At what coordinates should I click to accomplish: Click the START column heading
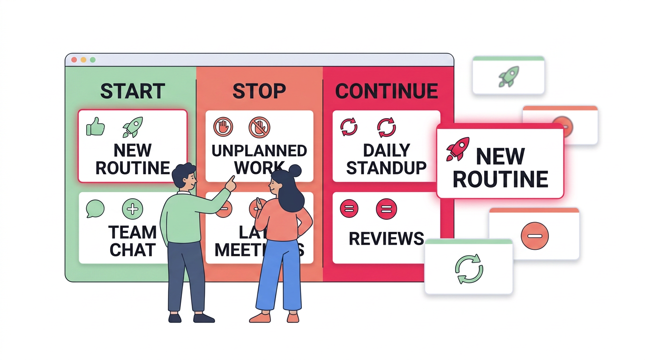click(x=133, y=91)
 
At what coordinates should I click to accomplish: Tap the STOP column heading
click(x=259, y=91)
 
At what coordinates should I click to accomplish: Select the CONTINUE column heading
click(x=387, y=91)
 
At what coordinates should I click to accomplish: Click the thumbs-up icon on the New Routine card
click(x=95, y=127)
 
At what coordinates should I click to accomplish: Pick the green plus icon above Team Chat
click(x=132, y=209)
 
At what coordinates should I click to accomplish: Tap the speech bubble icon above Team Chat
click(x=95, y=209)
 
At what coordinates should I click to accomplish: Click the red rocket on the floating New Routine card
click(x=457, y=149)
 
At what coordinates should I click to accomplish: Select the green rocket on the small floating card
click(x=508, y=76)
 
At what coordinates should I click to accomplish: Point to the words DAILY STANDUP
click(x=387, y=159)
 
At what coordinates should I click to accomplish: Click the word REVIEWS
click(x=387, y=239)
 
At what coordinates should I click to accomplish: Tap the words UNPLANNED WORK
click(x=259, y=159)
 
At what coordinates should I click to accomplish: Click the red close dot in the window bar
click(x=74, y=60)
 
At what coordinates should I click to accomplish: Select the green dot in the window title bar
click(x=93, y=60)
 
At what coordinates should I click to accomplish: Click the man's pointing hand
click(x=231, y=182)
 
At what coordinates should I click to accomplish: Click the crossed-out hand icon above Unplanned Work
click(x=259, y=127)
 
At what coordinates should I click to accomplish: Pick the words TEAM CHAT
click(x=133, y=241)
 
